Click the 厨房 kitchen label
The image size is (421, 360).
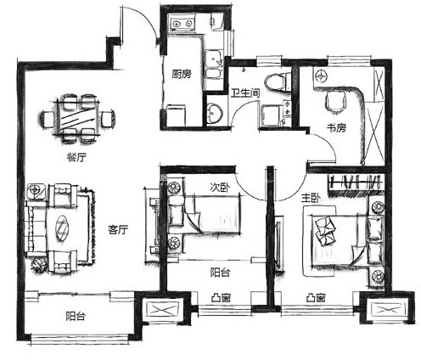[x=182, y=74]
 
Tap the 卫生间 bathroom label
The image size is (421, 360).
[x=245, y=93]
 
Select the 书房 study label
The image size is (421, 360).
[x=336, y=128]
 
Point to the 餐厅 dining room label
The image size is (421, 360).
[x=76, y=157]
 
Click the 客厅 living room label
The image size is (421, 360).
[x=118, y=230]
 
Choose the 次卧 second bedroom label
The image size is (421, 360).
[x=220, y=188]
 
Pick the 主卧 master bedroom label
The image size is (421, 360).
[x=311, y=199]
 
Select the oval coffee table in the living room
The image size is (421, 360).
[x=62, y=228]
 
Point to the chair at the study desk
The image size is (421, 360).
[x=336, y=102]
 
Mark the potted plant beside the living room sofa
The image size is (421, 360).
[x=38, y=265]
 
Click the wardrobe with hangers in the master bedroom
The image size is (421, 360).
[x=356, y=184]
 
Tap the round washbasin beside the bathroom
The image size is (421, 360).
[x=215, y=113]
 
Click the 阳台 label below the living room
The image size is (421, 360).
[x=76, y=316]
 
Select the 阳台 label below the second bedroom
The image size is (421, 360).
[x=220, y=273]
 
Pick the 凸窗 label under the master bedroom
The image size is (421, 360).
[x=316, y=298]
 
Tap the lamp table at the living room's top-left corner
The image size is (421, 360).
[x=36, y=191]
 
